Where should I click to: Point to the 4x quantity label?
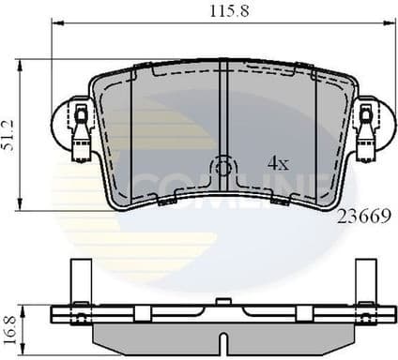pos(278,162)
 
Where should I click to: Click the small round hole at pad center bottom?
pos(222,170)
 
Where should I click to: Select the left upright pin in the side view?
pos(79,280)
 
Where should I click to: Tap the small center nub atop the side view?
pos(222,301)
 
